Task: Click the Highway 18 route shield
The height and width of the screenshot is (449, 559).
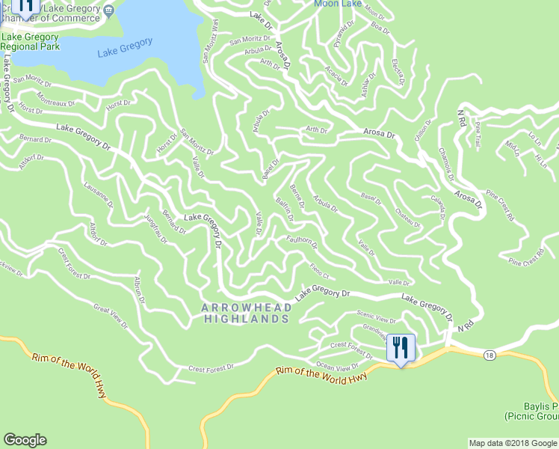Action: [489, 353]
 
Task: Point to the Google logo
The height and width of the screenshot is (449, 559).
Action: [25, 440]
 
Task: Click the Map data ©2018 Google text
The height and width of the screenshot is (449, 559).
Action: [511, 443]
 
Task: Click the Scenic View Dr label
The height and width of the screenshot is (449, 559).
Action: [377, 318]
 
